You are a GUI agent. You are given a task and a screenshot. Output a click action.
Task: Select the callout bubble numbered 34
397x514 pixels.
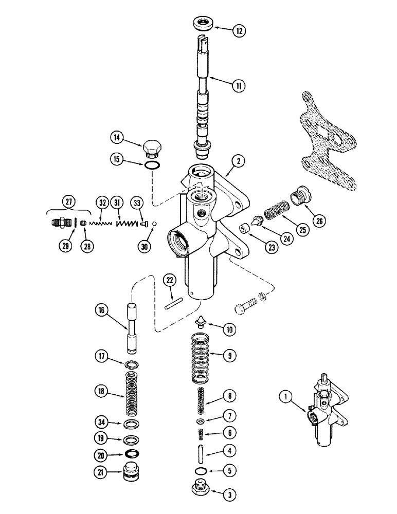101,423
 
